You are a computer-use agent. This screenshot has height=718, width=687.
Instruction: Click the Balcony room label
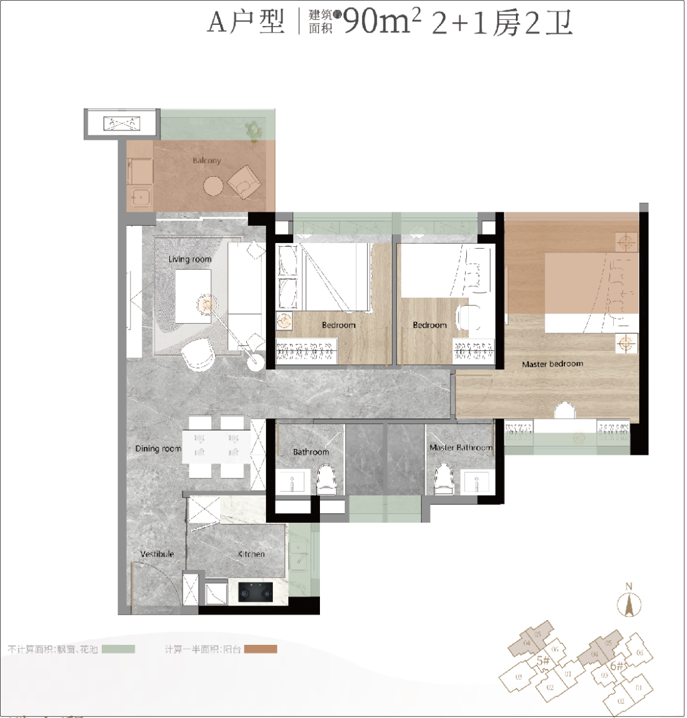coord(207,161)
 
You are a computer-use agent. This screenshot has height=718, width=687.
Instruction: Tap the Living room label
coord(190,259)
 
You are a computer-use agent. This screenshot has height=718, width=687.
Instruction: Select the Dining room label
coord(158,448)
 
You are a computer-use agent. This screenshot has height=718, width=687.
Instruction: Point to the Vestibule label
coord(157,554)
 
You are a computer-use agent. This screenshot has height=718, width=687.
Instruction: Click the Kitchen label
coord(251,554)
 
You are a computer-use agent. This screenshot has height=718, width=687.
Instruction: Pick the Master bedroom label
coord(552,364)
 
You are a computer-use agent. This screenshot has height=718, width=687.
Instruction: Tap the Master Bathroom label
coord(461,448)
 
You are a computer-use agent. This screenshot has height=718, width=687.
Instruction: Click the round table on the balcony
coord(214,186)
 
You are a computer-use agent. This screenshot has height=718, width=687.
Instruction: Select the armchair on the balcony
coord(244,181)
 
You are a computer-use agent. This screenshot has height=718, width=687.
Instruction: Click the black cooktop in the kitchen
coord(255,592)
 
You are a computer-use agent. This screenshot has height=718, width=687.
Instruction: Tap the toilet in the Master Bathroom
coord(443,478)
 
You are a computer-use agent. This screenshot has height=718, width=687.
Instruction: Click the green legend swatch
coord(118,649)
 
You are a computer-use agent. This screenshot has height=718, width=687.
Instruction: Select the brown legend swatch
coord(261,649)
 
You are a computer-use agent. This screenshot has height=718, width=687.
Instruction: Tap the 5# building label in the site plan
coord(543,660)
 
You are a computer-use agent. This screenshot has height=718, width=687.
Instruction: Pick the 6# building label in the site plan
coord(616,666)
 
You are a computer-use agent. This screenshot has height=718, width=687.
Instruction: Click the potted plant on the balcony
coord(255,130)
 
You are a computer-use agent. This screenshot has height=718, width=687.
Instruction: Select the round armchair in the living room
coord(197,354)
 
